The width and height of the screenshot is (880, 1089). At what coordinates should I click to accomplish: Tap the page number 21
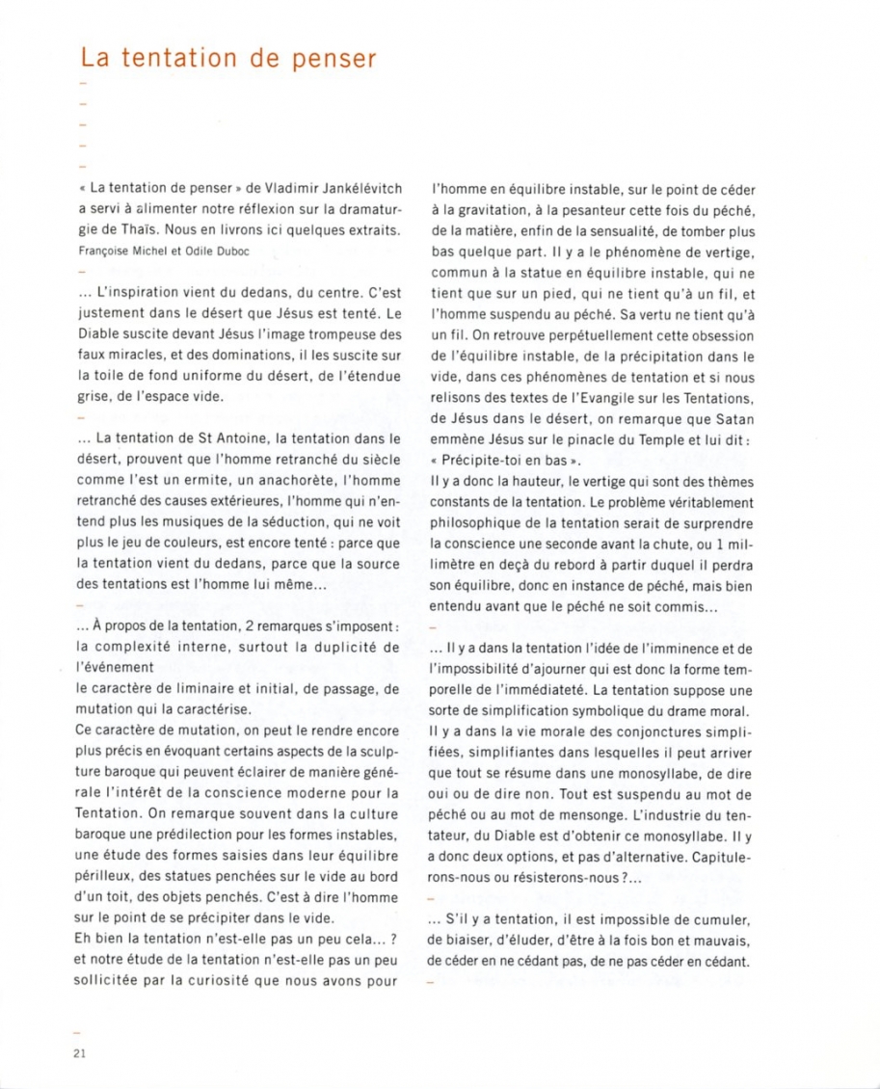click(80, 1052)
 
